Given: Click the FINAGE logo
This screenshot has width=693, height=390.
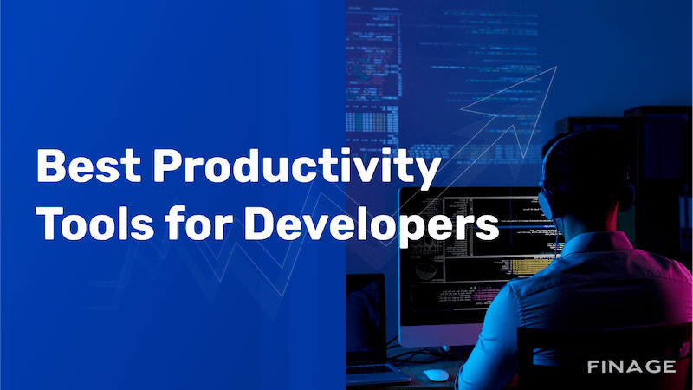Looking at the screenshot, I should [x=631, y=366].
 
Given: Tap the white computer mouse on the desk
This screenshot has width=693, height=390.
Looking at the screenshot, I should [x=437, y=374].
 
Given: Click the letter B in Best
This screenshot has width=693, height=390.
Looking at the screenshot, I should [x=51, y=167].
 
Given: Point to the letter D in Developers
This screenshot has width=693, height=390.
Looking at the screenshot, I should [x=261, y=224].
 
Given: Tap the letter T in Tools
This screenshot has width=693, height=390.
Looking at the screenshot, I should [x=49, y=224].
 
